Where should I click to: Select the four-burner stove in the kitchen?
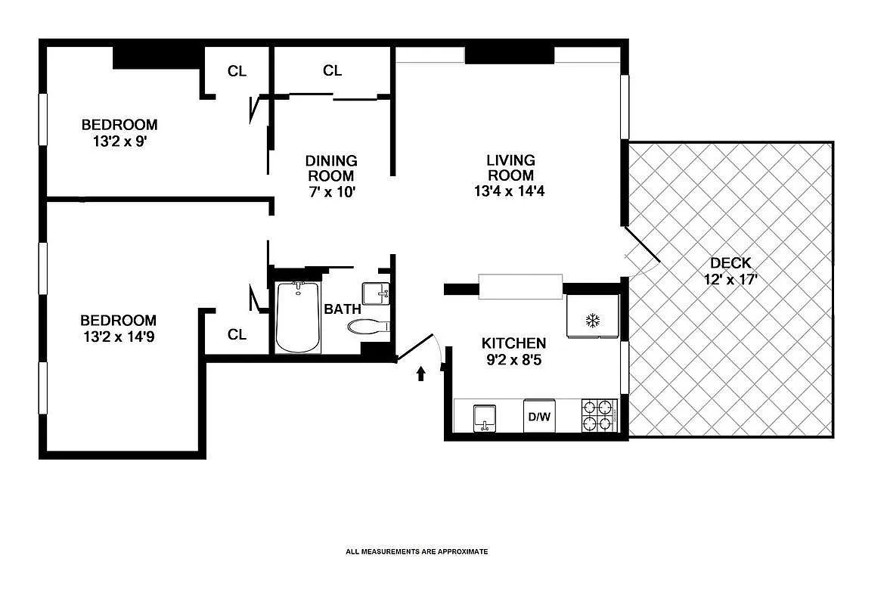(600, 415)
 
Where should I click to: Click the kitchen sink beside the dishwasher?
(484, 417)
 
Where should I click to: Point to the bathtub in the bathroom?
(298, 317)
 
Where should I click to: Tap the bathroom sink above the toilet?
(376, 292)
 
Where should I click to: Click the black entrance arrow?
(421, 373)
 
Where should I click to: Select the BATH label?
(342, 309)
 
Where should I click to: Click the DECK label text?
(730, 263)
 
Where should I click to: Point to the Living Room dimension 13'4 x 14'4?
(510, 191)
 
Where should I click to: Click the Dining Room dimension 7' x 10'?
(331, 191)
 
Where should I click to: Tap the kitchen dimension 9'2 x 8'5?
(513, 359)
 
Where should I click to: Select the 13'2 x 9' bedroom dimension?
(119, 141)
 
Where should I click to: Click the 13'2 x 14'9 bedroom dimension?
(119, 336)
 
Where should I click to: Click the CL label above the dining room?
(333, 70)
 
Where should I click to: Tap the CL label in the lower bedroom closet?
(237, 334)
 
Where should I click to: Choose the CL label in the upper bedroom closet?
(237, 71)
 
